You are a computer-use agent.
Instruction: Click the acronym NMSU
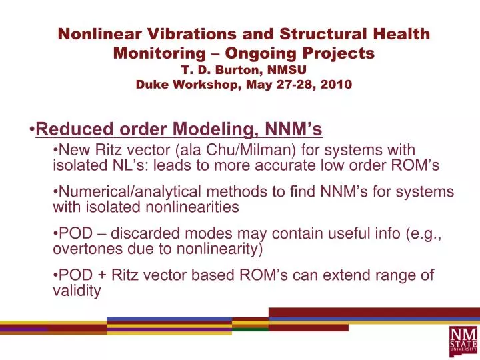point(285,68)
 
